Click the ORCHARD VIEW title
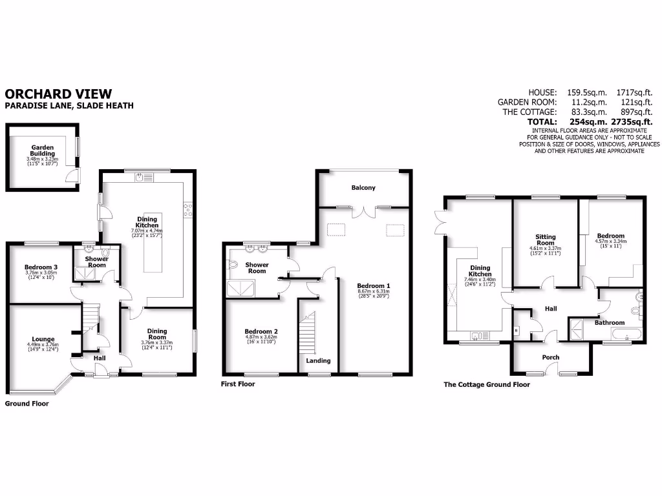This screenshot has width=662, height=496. pos(58,94)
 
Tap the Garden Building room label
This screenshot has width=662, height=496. pos(42,150)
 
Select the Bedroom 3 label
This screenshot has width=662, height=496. pos(41,267)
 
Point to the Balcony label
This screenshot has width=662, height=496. pos(363,188)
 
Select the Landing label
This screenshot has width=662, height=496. pos(318,360)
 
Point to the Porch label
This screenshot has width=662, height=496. pos(551,357)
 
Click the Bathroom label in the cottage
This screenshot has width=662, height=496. pos(610,322)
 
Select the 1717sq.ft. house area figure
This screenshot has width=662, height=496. pos(634,92)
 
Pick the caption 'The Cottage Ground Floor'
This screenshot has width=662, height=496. pos(486,384)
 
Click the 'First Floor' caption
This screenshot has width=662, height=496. pos(238,384)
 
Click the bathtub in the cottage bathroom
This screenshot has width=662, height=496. pos(626,335)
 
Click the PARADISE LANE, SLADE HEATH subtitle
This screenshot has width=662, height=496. pos(69,106)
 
